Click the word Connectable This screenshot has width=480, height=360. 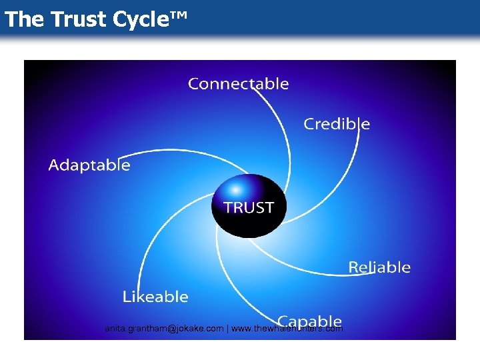tap(238, 84)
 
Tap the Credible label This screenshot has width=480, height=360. tap(337, 124)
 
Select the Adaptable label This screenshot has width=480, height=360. tap(89, 165)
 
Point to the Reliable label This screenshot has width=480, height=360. tap(379, 267)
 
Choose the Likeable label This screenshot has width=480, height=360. tap(155, 296)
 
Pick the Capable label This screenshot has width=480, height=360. tap(310, 321)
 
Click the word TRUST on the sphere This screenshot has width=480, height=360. tap(248, 207)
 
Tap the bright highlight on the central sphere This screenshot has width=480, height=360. tap(235, 190)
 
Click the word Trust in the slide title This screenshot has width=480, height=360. tap(79, 20)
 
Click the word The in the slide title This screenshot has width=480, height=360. tap(23, 20)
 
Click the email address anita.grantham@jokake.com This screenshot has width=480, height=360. tap(164, 329)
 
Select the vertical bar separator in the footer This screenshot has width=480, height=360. tap(227, 329)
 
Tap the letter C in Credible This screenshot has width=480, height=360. tap(309, 124)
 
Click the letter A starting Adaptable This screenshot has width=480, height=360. tap(54, 165)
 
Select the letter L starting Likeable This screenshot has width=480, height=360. tap(126, 296)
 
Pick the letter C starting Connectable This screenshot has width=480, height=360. tap(194, 84)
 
